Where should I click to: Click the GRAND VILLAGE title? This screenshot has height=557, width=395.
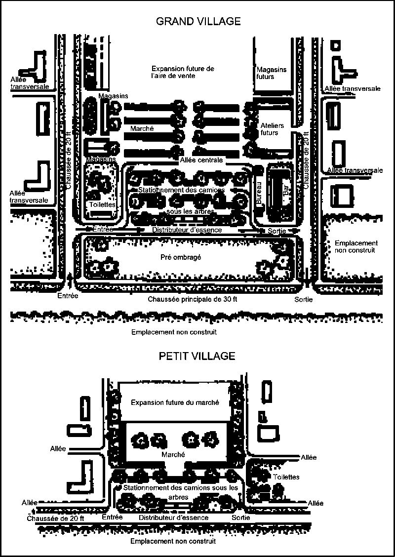tap(198, 21)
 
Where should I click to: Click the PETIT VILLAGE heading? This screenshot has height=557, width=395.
tap(197, 356)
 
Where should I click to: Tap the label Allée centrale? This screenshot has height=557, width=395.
tap(201, 160)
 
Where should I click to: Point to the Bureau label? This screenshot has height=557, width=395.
tap(259, 193)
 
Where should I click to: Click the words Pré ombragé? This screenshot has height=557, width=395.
tap(181, 257)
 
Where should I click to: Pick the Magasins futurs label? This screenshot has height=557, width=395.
tap(272, 73)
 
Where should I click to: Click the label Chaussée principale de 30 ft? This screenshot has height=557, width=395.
tap(192, 299)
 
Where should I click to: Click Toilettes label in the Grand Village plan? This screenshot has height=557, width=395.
tap(102, 204)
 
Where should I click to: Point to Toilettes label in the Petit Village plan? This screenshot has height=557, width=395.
tap(286, 477)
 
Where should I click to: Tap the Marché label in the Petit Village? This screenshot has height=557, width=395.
tap(173, 455)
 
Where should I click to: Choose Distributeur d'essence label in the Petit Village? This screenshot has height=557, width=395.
tap(173, 517)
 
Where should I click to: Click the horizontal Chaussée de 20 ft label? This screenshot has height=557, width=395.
tap(55, 518)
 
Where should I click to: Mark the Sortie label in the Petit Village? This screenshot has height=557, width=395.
tap(241, 517)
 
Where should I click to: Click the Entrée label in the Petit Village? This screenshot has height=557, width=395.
tap(112, 517)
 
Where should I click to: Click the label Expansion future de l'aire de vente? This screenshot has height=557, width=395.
tap(183, 72)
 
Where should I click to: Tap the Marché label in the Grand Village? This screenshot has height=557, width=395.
tap(142, 128)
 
